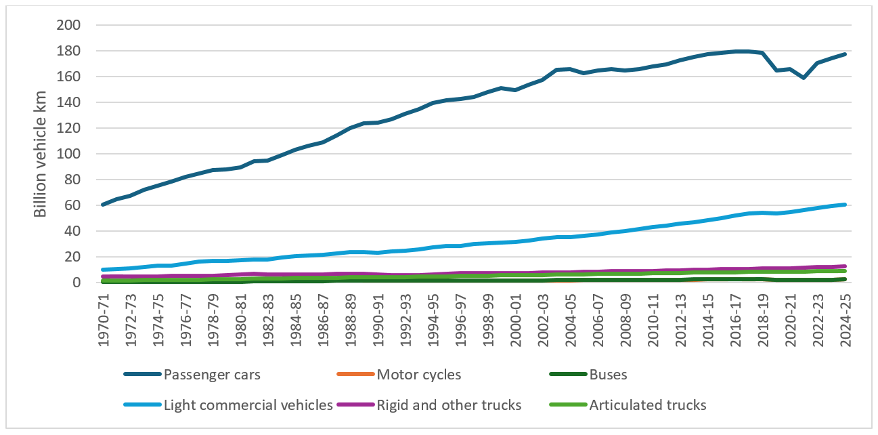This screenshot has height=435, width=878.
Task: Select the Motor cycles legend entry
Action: [418, 374]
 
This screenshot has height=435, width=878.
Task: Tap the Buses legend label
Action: [609, 374]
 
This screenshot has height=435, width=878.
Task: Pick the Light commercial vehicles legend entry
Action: [248, 405]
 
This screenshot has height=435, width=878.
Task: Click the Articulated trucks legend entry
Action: [648, 405]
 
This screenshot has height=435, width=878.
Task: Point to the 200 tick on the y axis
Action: [68, 26]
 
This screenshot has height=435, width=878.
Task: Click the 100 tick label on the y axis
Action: [68, 154]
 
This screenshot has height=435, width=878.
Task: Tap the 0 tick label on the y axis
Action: [76, 283]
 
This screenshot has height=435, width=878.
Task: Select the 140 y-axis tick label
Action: [68, 103]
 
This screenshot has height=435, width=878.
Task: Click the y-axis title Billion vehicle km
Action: [41, 154]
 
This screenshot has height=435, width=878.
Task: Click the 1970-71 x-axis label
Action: [104, 318]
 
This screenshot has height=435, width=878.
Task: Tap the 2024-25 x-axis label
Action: [844, 318]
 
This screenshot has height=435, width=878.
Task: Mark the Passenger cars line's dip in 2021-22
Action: [804, 78]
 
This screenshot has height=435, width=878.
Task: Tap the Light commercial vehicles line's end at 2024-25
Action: [844, 205]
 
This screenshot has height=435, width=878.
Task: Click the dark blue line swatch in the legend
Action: [143, 374]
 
